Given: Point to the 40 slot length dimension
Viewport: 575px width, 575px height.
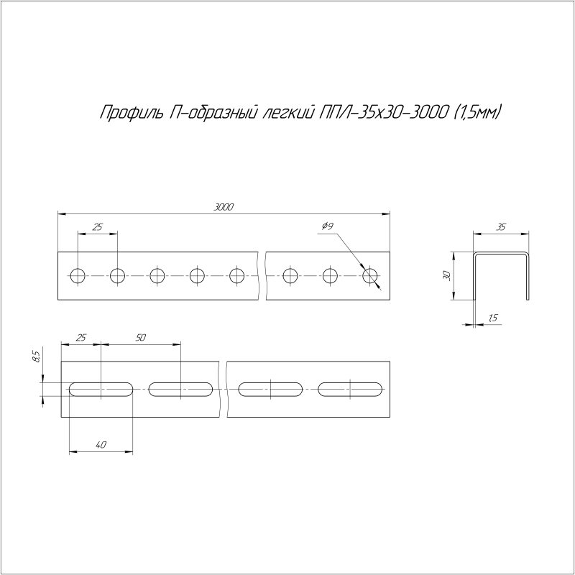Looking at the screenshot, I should click(x=101, y=446).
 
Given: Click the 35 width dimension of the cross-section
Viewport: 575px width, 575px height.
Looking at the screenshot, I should click(x=500, y=227).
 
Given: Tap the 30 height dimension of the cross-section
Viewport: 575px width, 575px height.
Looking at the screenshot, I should click(x=446, y=275).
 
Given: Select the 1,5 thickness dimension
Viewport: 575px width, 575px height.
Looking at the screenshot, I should click(x=492, y=317).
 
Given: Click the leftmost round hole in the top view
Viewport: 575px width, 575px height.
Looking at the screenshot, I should click(x=78, y=275).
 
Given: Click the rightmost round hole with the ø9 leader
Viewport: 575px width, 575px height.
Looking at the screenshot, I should click(x=371, y=275).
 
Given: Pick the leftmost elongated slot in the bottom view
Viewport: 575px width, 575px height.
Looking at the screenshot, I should click(x=101, y=389).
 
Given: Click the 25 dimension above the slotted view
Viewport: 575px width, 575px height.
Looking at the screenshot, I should click(x=80, y=337).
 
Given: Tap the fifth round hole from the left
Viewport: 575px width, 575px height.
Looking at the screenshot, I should click(x=237, y=275).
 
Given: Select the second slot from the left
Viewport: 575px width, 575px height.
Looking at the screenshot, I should click(x=181, y=389).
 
